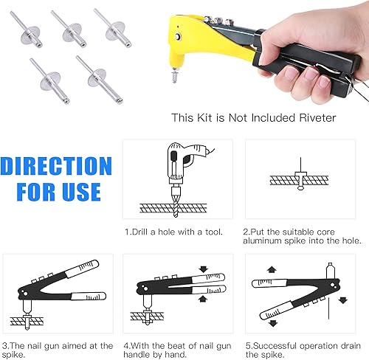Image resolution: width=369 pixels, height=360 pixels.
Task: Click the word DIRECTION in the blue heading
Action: pos(56,166)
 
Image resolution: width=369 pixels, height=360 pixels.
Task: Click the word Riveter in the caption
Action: pos(317,118)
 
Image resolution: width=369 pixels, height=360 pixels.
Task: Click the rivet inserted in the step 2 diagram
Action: pos(300,177)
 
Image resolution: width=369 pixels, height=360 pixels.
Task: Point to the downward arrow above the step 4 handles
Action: pos(204,269)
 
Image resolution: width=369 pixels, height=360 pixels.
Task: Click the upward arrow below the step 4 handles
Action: pos(203,299)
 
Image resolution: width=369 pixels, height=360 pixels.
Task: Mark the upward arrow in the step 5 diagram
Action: pos(272,269)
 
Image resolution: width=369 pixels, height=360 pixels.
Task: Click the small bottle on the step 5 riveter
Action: pos(331,271)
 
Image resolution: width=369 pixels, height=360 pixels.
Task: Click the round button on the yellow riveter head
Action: pos(177,37)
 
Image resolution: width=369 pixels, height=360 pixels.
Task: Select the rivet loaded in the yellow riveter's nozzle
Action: pos(175,76)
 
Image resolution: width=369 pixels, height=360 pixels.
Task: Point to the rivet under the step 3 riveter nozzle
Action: pos(27,321)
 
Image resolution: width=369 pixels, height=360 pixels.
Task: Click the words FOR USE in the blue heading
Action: pos(58,192)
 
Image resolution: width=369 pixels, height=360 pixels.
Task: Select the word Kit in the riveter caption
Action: pos(204,118)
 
